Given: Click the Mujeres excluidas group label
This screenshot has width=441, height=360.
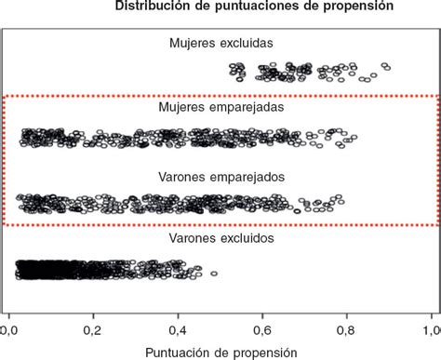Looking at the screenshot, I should pyautogui.click(x=220, y=43).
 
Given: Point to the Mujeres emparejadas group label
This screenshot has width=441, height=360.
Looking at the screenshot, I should pyautogui.click(x=220, y=107).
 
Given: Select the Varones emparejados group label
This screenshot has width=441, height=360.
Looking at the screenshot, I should pyautogui.click(x=220, y=176).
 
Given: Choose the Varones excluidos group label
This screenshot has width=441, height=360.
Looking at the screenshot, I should pyautogui.click(x=220, y=239).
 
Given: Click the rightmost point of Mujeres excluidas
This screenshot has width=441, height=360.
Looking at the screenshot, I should pyautogui.click(x=385, y=66).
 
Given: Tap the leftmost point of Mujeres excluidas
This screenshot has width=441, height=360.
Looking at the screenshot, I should pyautogui.click(x=233, y=70).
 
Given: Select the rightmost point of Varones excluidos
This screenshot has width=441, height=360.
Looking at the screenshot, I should pyautogui.click(x=213, y=273).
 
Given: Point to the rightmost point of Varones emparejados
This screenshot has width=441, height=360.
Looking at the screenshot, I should pyautogui.click(x=341, y=199).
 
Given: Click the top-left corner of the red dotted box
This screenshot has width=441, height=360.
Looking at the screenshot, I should pyautogui.click(x=3, y=95).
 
